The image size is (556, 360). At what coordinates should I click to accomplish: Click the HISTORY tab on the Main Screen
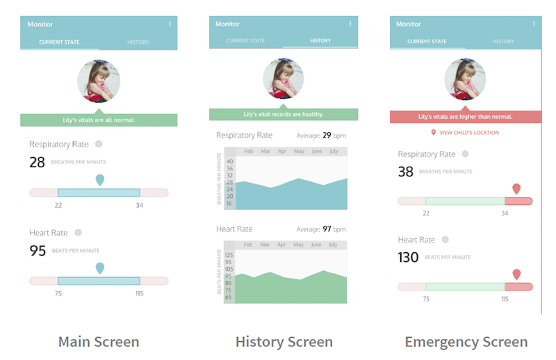[138, 42]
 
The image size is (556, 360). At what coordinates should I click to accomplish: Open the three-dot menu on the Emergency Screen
[534, 24]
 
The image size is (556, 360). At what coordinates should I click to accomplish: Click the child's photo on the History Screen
[284, 79]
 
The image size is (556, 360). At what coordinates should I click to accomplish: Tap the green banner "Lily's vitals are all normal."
[99, 120]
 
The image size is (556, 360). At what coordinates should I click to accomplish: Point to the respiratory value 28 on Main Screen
[37, 163]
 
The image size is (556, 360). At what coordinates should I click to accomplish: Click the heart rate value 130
[408, 258]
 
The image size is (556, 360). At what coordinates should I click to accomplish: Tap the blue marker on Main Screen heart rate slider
[100, 268]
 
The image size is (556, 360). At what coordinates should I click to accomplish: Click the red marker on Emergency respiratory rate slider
[516, 188]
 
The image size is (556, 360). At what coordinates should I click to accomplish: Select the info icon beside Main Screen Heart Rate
[78, 233]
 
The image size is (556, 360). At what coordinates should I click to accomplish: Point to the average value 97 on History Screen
[327, 229]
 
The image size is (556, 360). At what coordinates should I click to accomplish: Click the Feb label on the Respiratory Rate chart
[248, 151]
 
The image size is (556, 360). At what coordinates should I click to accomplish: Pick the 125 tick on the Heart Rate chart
[229, 255]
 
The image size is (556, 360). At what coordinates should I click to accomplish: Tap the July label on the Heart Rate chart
[334, 245]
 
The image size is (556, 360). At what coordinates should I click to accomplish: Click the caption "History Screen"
[284, 342]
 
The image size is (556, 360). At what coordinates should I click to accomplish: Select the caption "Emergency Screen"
[466, 342]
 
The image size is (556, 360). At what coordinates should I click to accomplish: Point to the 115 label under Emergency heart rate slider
[505, 299]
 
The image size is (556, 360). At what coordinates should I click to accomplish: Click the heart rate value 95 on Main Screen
[38, 251]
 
